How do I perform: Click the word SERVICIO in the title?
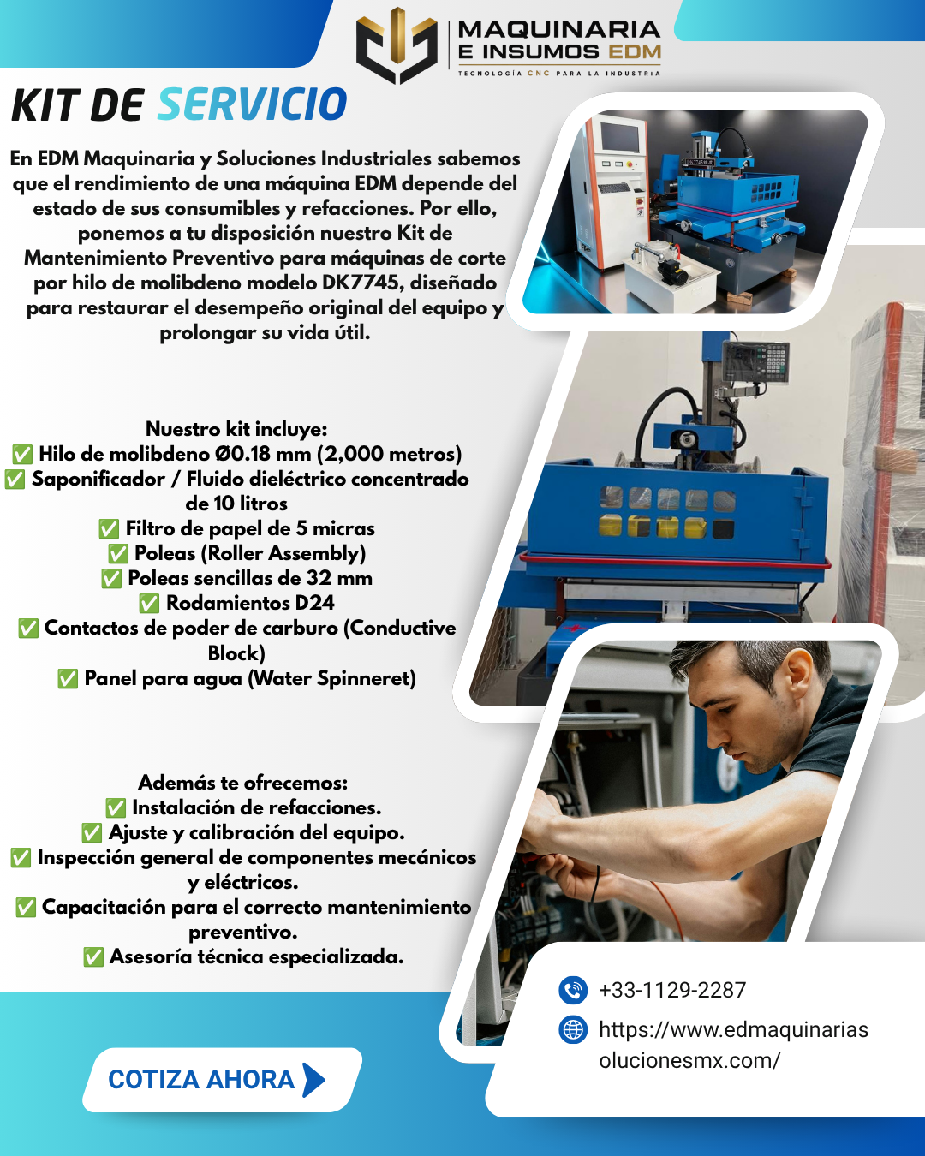pos(252,104)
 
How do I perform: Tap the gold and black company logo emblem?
pos(397,45)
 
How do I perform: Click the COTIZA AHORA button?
pos(222,1080)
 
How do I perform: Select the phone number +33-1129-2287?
pos(672,990)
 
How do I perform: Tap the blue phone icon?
pos(573,990)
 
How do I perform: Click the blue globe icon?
pos(573,1030)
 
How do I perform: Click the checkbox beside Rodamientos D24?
pos(149,603)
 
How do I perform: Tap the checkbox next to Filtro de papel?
pos(109,529)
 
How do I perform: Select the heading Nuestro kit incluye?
pos(236,429)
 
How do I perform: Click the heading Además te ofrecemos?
pos(243,783)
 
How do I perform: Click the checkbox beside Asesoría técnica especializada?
pos(93,957)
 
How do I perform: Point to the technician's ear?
pos(800,681)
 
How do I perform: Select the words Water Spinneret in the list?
pos(331,678)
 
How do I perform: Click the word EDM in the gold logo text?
pos(634,52)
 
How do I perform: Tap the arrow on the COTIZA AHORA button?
pos(314,1080)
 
